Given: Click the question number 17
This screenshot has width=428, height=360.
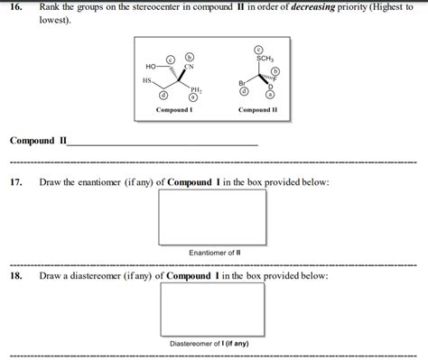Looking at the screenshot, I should [x=15, y=182].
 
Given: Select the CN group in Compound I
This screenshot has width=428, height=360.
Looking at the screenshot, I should [x=189, y=67].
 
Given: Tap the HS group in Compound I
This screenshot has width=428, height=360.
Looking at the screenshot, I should [x=147, y=81].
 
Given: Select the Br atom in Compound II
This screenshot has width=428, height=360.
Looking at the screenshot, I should [x=242, y=82].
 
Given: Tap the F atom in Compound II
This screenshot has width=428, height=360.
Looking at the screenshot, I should [x=276, y=80].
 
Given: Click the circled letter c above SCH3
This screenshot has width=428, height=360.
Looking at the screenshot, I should [x=259, y=49].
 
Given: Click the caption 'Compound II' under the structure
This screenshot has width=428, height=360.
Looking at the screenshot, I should [x=257, y=110].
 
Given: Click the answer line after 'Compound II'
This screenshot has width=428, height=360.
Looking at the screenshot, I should [x=163, y=143].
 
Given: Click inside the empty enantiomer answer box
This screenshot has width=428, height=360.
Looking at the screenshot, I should [x=213, y=215].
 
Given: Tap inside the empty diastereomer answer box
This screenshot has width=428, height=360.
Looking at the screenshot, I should [x=213, y=309].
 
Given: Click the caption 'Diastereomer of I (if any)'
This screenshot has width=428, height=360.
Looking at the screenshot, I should [x=213, y=344].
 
